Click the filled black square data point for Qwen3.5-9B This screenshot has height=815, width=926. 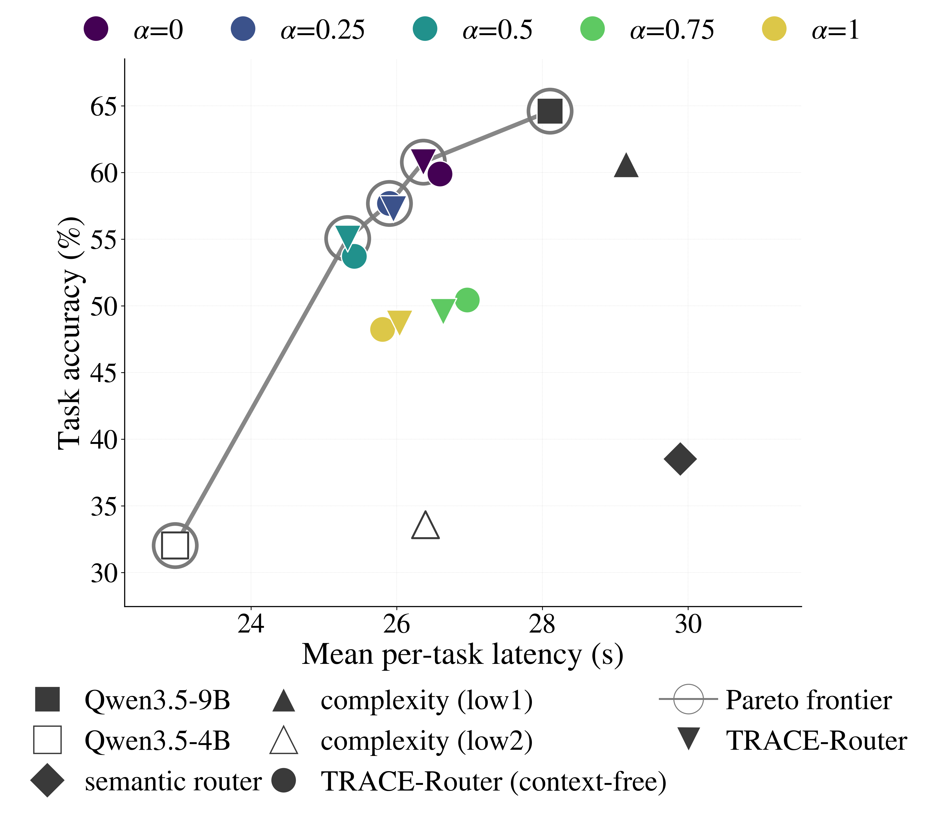[x=550, y=111]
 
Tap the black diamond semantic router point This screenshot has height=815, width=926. [x=680, y=459]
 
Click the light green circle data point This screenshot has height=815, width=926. [x=467, y=300]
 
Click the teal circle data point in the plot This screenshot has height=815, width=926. [x=354, y=256]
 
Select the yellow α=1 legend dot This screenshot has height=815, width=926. [x=774, y=29]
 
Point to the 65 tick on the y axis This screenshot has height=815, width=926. [x=103, y=107]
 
